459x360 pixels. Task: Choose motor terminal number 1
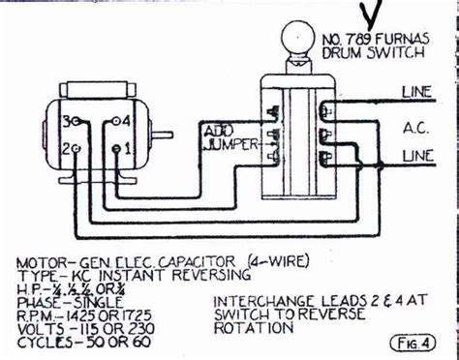pyautogui.click(x=118, y=151)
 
